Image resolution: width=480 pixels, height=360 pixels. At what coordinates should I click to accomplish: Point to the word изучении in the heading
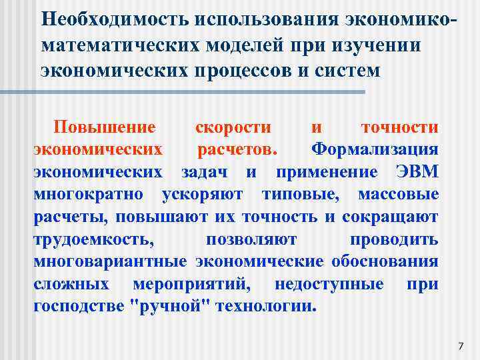(x=387, y=44)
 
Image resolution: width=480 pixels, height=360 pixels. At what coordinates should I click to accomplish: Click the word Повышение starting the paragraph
(x=105, y=127)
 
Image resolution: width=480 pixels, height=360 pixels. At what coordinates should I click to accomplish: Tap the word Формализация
(x=375, y=150)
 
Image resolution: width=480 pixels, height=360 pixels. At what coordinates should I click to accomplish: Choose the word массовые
(x=398, y=195)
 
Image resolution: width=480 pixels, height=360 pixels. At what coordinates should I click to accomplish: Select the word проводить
(x=394, y=240)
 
